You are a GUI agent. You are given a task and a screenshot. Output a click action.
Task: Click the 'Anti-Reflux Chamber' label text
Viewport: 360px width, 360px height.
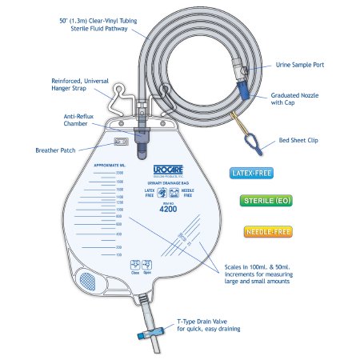pyautogui.click(x=83, y=120)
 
